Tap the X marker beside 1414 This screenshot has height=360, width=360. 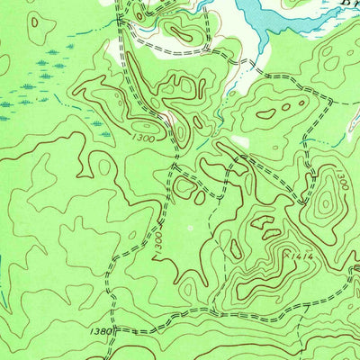[286, 255]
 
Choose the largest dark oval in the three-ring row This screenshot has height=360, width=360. [267, 114]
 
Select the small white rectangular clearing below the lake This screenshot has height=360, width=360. [238, 141]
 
